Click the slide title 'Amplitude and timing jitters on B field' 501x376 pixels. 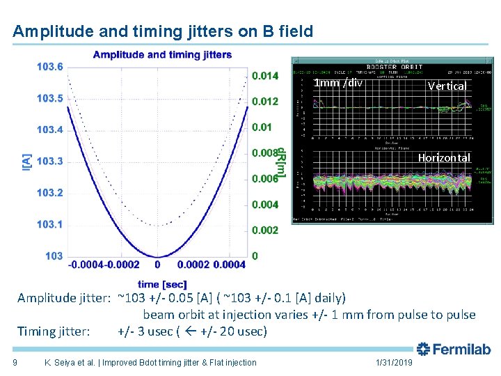point(163,31)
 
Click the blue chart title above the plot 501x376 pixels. point(162,55)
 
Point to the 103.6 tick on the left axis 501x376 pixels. point(49,67)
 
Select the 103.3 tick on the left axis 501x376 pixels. point(49,162)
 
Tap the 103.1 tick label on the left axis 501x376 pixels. point(49,224)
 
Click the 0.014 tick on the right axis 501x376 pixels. point(264,75)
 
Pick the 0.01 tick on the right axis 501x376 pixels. point(262,127)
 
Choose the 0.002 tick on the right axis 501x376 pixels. point(264,230)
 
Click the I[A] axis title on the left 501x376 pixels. point(26,162)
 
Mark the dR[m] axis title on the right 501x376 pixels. point(282,162)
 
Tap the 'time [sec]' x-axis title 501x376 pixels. point(162,284)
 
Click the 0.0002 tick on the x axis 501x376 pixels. point(192,265)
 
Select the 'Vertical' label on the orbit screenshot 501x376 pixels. point(447,86)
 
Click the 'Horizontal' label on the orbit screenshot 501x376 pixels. point(444,158)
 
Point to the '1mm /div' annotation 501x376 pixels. point(338,83)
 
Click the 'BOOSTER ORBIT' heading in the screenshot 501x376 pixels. point(395,68)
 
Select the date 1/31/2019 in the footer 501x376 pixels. point(394,362)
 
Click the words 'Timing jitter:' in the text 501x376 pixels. point(54,331)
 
